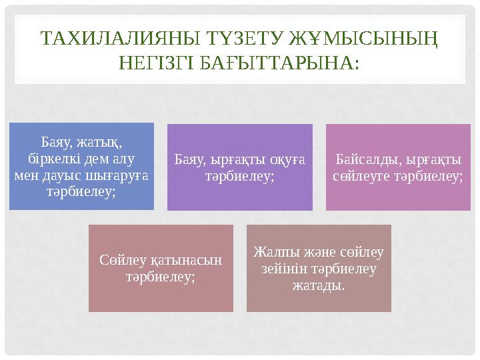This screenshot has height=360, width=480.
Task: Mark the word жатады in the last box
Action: (x=318, y=285)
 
